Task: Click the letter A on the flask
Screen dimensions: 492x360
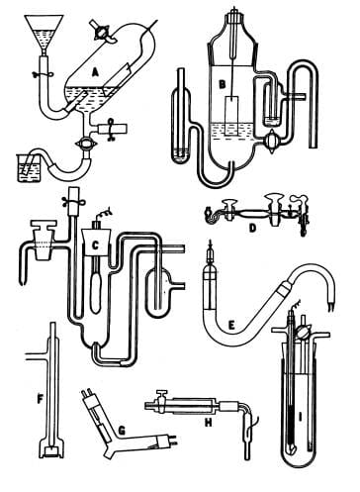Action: (95, 71)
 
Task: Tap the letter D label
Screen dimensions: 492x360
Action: (253, 227)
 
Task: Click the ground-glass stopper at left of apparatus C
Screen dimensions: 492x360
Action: (43, 230)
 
